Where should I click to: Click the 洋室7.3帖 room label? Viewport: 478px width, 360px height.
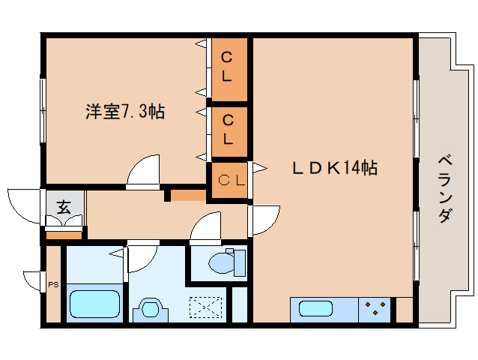pos(124,112)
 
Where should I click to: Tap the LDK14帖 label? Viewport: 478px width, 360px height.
pos(333,169)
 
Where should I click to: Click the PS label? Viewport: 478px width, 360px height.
pos(52,285)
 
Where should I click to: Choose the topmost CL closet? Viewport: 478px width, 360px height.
pos(228,67)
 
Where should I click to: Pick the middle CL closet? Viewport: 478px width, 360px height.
pos(228,129)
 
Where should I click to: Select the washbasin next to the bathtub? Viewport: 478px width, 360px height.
pos(151,309)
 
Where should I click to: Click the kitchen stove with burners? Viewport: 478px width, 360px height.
pos(376,309)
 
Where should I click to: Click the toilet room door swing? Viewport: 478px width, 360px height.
pos(206,229)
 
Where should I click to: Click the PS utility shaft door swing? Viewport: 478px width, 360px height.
pos(33,280)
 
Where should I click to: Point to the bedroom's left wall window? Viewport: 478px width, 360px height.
pos(43,109)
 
